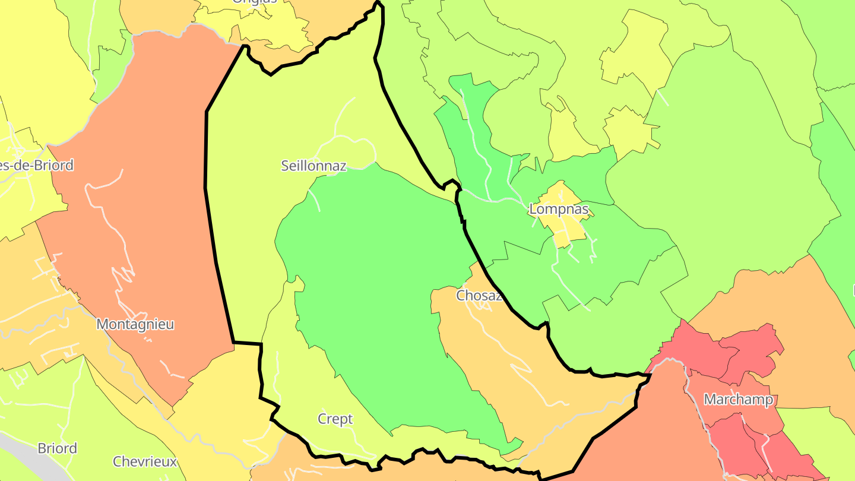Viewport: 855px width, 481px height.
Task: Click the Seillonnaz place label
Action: coord(313,166)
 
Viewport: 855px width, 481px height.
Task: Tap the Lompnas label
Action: coord(559,209)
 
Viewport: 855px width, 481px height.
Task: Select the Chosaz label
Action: coord(479,295)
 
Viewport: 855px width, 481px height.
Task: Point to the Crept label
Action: coord(335,419)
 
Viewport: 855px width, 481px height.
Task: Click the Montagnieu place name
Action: coord(135,324)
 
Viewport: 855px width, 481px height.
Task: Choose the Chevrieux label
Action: coord(145,461)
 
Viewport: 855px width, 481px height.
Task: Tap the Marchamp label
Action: coord(739,400)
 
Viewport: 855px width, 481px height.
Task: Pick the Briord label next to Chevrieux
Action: coord(57,448)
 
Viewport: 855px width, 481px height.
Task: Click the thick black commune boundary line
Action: coord(206,148)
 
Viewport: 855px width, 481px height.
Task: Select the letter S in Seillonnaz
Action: coord(286,166)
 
